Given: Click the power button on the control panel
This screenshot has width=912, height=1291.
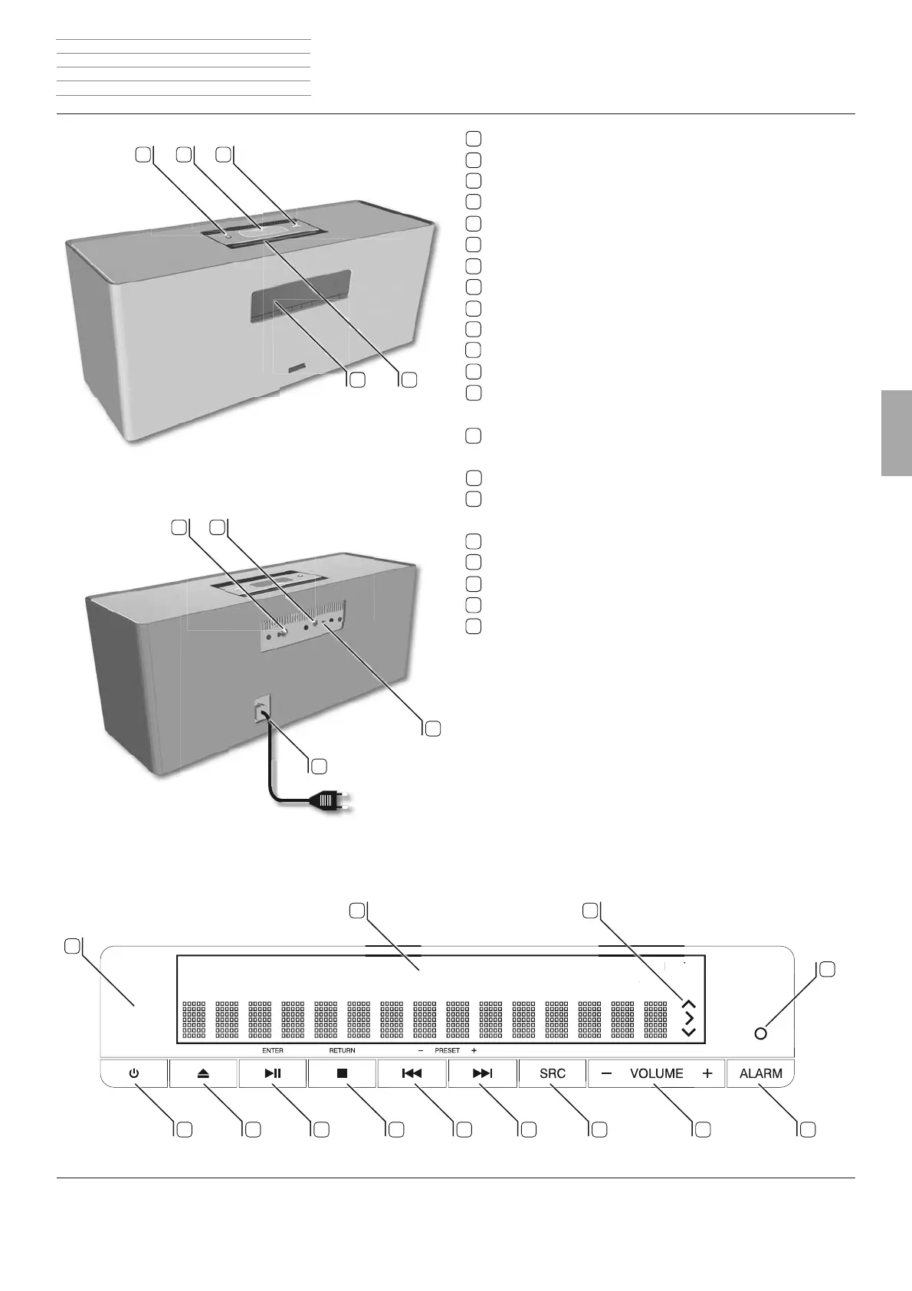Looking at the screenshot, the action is tap(134, 1073).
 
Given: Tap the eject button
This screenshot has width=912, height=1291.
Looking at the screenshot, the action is tap(203, 1073).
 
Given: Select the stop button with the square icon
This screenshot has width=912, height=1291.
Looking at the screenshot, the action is tap(342, 1073).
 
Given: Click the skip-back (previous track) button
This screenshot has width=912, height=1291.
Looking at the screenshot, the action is tap(412, 1073).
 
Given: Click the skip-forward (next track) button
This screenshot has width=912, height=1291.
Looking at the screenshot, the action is tap(482, 1073).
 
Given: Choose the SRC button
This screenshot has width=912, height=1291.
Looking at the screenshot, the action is tap(552, 1073).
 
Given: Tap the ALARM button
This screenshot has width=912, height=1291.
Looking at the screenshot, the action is tap(760, 1073).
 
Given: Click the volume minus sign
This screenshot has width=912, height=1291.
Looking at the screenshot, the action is tap(607, 1073).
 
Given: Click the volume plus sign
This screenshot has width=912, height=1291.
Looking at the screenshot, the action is tap(707, 1073).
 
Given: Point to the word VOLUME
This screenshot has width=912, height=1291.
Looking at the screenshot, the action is tap(657, 1073).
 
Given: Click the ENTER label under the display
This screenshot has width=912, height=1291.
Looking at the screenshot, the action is tap(272, 1050).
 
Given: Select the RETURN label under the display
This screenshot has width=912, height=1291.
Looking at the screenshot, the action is tap(342, 1050).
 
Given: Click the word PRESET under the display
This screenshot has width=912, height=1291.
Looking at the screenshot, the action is tap(447, 1050).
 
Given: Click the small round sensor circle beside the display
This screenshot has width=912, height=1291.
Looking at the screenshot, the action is tap(760, 1033).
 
